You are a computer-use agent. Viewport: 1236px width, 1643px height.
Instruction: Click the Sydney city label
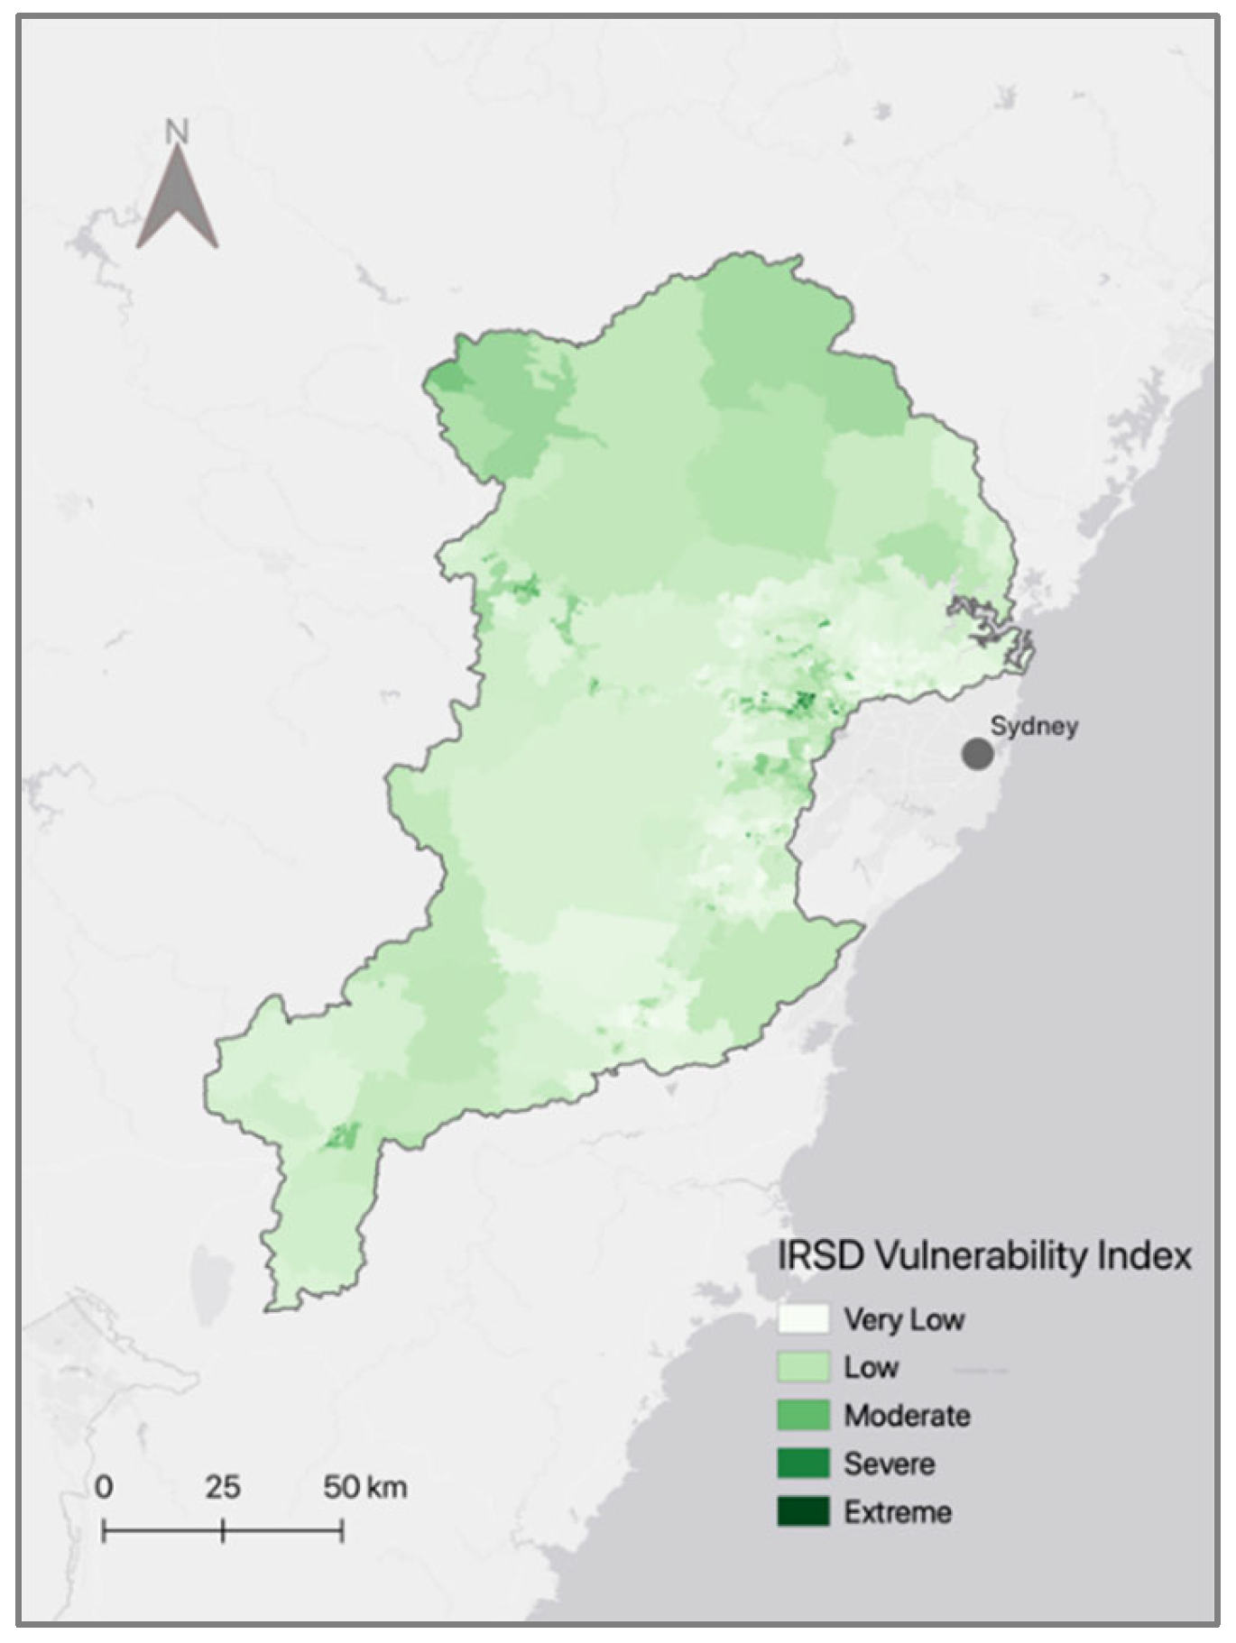click(x=1034, y=726)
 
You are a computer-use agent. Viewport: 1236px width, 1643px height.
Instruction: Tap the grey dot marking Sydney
click(x=977, y=754)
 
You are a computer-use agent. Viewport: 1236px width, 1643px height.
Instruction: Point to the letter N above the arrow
click(x=177, y=132)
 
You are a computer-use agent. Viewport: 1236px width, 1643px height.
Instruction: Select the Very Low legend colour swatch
click(x=803, y=1318)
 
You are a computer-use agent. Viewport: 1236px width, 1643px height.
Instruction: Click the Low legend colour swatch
click(x=803, y=1367)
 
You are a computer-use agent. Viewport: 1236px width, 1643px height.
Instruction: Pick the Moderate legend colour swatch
click(x=803, y=1415)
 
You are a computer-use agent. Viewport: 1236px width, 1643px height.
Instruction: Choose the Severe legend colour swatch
click(x=803, y=1463)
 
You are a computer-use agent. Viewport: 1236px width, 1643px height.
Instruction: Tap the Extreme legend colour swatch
click(x=803, y=1511)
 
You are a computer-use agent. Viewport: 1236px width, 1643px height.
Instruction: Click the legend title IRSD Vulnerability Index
click(x=984, y=1256)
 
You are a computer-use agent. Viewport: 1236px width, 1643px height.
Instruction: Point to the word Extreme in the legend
click(x=898, y=1511)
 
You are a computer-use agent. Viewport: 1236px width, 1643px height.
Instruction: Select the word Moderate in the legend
click(x=907, y=1415)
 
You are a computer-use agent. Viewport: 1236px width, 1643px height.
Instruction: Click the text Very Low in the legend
click(x=904, y=1319)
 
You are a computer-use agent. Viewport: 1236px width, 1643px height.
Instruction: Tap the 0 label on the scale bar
click(x=105, y=1486)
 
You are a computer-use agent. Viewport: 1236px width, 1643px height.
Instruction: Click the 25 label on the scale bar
click(x=222, y=1486)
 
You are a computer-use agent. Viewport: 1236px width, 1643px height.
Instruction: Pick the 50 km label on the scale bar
click(x=364, y=1486)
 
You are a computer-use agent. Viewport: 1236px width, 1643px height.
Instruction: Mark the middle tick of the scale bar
click(x=223, y=1530)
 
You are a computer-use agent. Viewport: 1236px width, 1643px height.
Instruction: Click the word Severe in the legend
click(x=889, y=1463)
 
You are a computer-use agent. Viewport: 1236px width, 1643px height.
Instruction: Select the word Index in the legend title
click(x=1148, y=1256)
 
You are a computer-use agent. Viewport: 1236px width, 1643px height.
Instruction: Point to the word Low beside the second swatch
click(x=871, y=1367)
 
